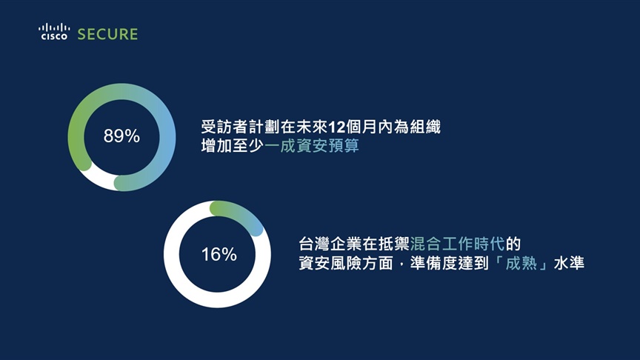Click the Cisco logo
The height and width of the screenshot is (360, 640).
pyautogui.click(x=54, y=32)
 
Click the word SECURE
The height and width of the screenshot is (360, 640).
pyautogui.click(x=107, y=34)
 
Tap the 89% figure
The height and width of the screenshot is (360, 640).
pyautogui.click(x=121, y=136)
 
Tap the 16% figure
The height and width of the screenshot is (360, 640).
pyautogui.click(x=219, y=255)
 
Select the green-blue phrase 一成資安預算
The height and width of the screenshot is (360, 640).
pyautogui.click(x=312, y=146)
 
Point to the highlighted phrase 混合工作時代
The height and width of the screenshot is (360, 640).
pyautogui.click(x=458, y=244)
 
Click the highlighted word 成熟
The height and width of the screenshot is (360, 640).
pyautogui.click(x=521, y=263)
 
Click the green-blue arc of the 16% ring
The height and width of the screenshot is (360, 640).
pyautogui.click(x=241, y=214)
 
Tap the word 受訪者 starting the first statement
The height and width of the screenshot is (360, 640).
pyautogui.click(x=224, y=127)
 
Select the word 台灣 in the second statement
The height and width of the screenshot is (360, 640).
pyautogui.click(x=314, y=244)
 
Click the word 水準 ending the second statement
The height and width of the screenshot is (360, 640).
pyautogui.click(x=569, y=263)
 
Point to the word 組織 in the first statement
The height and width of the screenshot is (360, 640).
pyautogui.click(x=425, y=127)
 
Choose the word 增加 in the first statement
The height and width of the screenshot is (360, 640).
pyautogui.click(x=216, y=146)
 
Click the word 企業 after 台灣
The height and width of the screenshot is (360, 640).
pyautogui.click(x=346, y=244)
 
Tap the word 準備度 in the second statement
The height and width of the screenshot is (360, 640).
pyautogui.click(x=433, y=263)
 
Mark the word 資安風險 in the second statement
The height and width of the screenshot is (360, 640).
pyautogui.click(x=330, y=263)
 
